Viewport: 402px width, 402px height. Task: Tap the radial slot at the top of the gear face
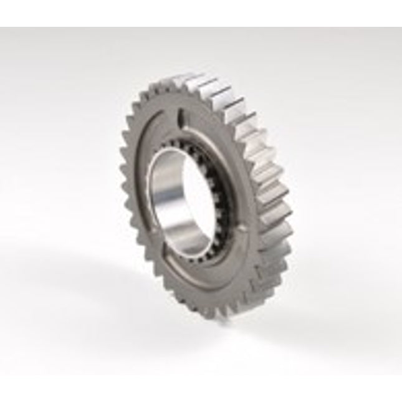[x=179, y=117]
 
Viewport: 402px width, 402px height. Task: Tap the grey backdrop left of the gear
[x=56, y=199]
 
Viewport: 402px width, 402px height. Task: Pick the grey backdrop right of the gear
[x=343, y=199]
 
